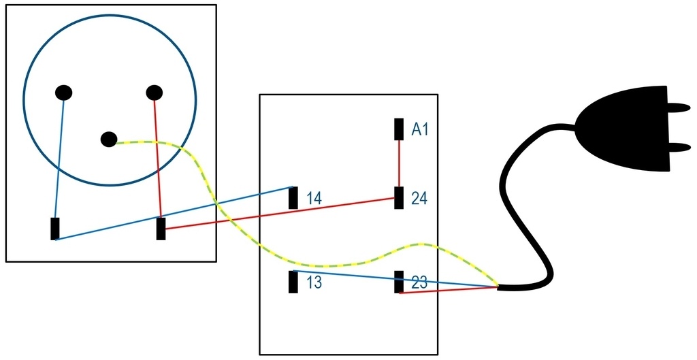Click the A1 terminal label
click(419, 129)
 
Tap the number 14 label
click(314, 198)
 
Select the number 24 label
click(419, 198)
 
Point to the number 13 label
click(314, 282)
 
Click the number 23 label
click(419, 282)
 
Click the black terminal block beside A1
click(399, 129)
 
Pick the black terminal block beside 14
click(293, 198)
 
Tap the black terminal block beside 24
click(399, 198)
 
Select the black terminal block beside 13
click(293, 282)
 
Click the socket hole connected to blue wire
click(63, 93)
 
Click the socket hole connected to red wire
click(155, 93)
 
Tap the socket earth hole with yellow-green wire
click(109, 139)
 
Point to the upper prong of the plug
click(680, 107)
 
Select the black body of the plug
click(627, 127)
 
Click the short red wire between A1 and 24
click(399, 163)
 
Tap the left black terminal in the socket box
click(55, 229)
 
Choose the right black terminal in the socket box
click(161, 229)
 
